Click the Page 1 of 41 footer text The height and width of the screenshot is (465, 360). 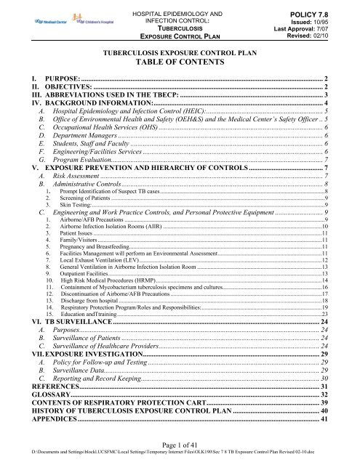tap(179, 445)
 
